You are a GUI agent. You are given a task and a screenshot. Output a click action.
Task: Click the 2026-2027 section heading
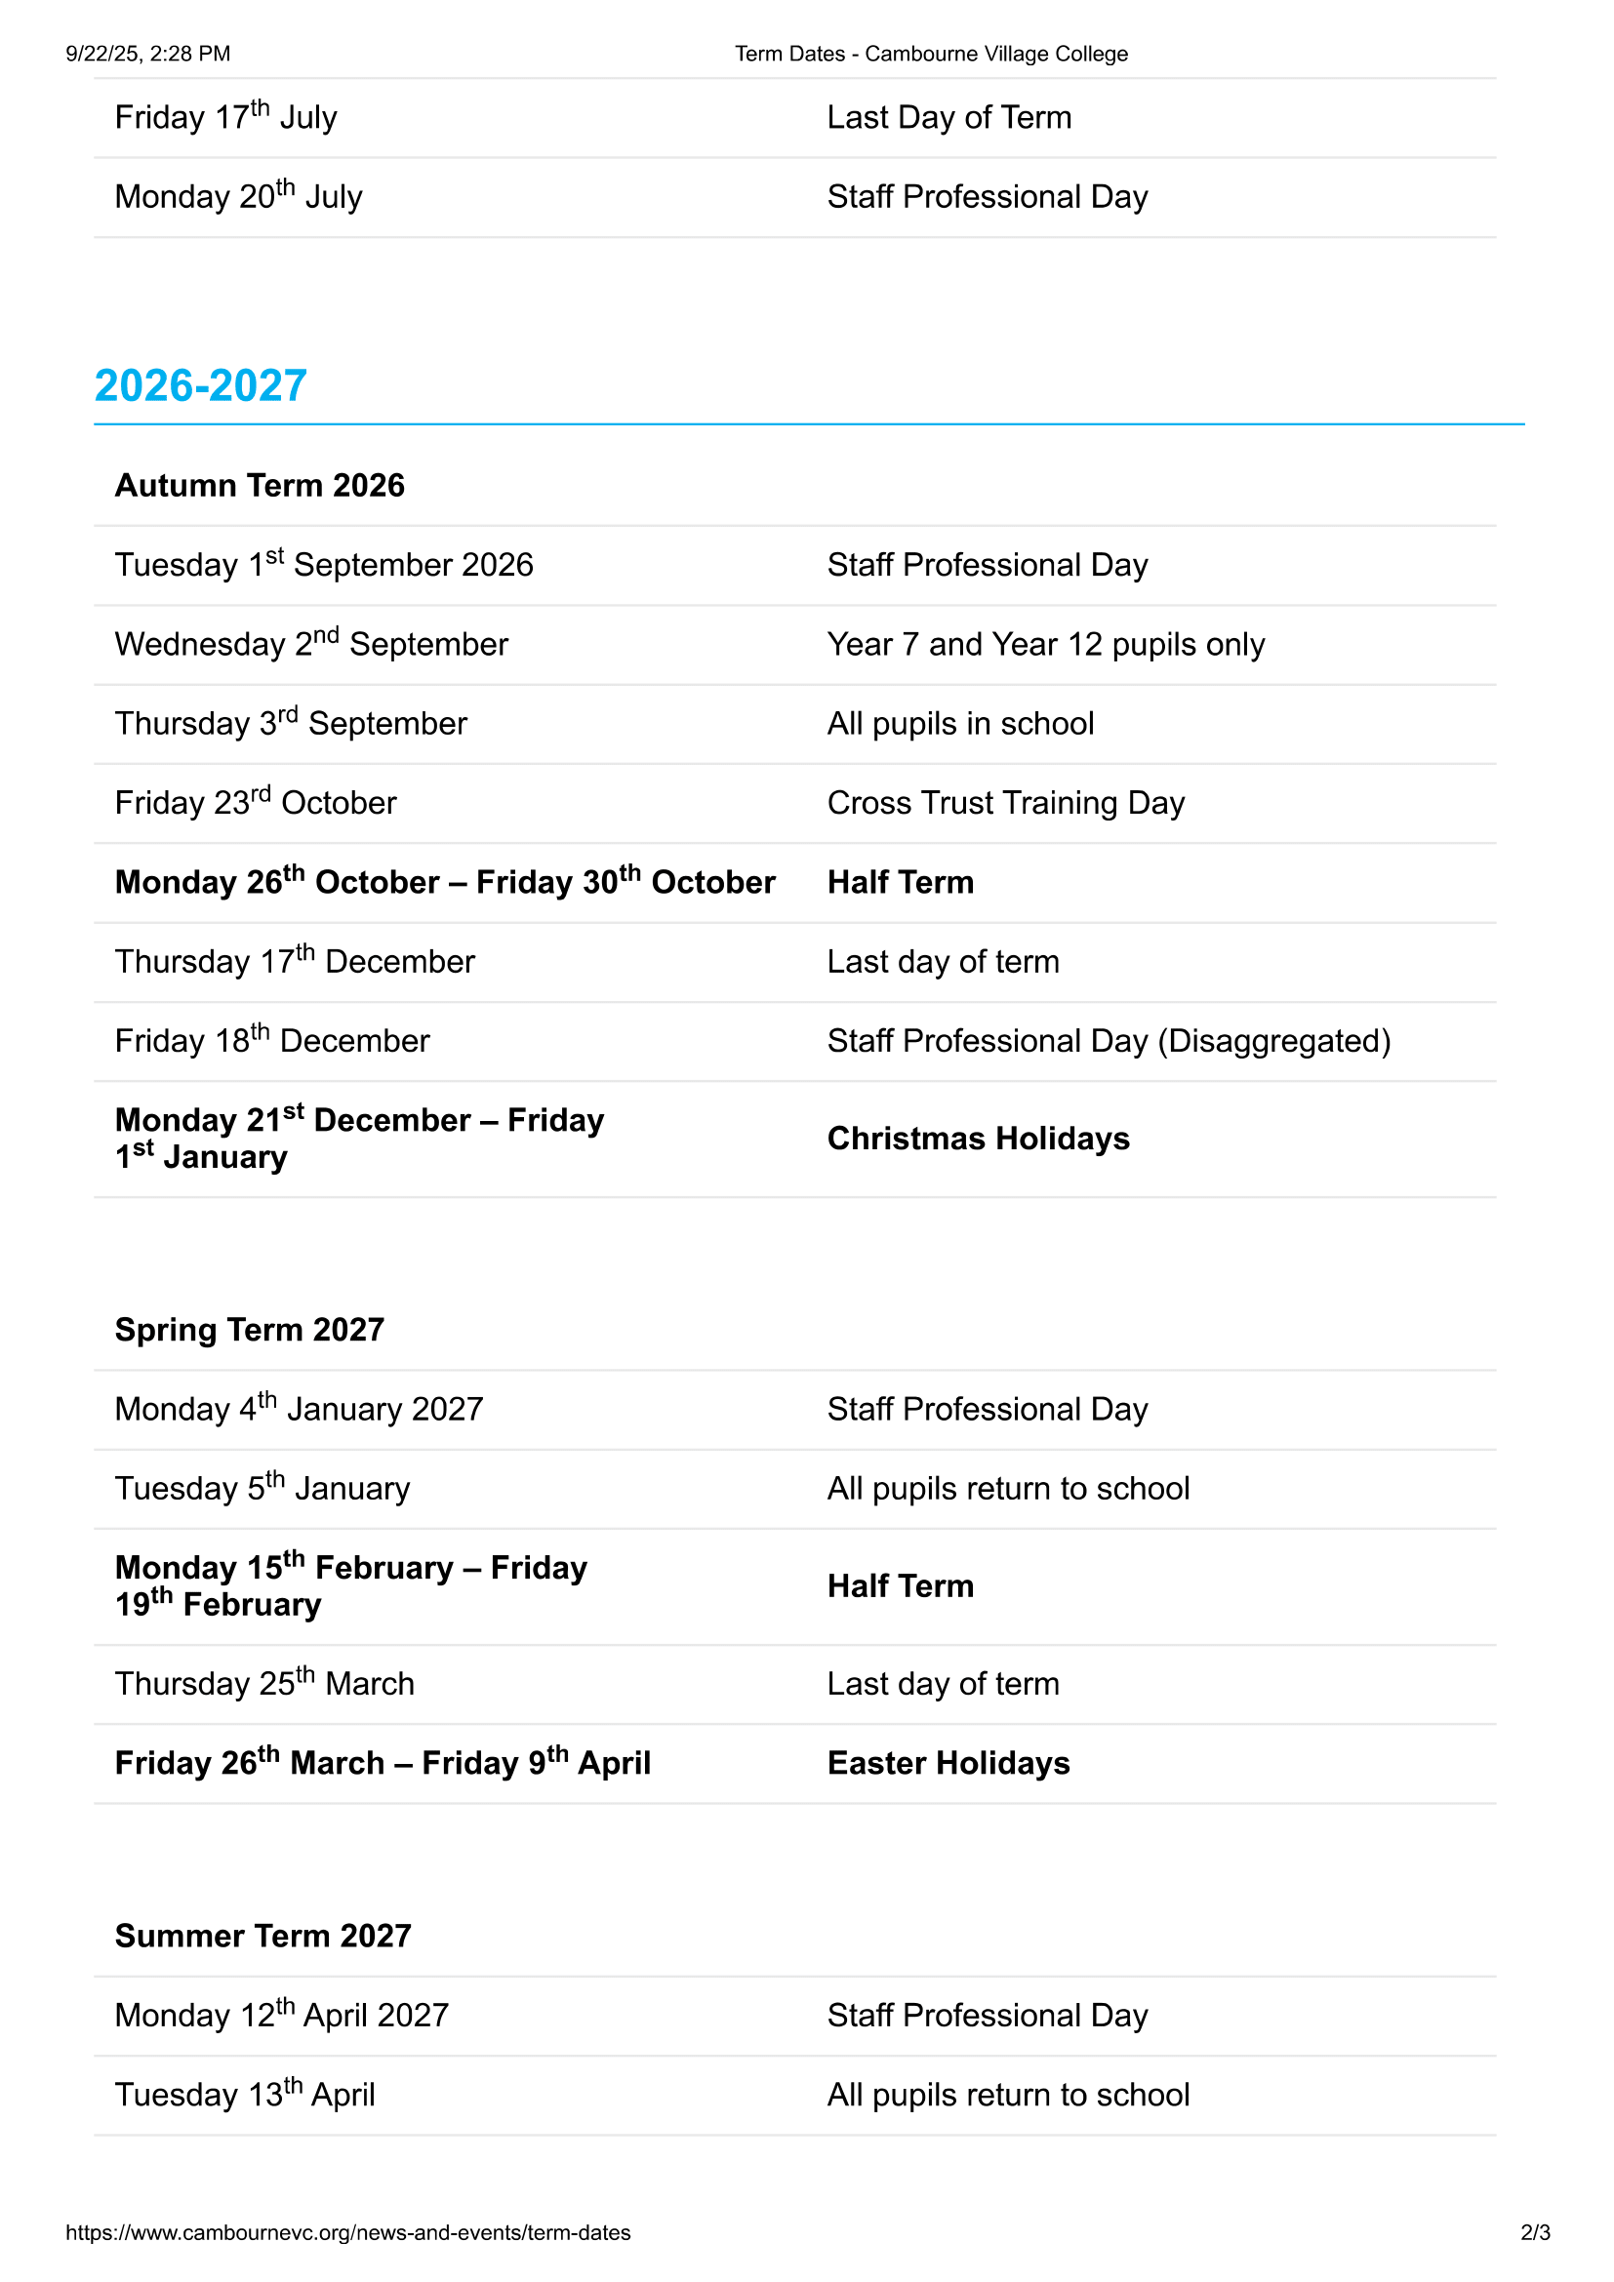click(200, 385)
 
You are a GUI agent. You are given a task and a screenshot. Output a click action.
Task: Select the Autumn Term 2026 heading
click(260, 485)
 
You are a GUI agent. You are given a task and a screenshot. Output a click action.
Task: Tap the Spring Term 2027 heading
click(250, 1330)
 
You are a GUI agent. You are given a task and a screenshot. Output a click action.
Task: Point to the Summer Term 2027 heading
click(262, 1936)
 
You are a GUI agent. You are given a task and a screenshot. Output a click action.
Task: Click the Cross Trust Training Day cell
click(1006, 803)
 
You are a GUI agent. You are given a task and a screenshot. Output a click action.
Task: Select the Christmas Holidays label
click(978, 1139)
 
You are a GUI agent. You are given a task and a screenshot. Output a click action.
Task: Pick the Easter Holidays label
click(948, 1763)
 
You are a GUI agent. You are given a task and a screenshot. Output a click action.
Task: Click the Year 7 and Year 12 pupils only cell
click(1045, 645)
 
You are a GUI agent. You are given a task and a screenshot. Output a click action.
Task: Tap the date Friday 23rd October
click(256, 802)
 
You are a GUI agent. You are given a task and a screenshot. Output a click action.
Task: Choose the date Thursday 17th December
click(294, 961)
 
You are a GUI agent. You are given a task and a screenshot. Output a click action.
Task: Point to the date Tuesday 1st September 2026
click(324, 565)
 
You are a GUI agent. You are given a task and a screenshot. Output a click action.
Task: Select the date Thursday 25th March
click(264, 1684)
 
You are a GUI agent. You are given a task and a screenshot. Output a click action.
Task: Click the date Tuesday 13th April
click(245, 2095)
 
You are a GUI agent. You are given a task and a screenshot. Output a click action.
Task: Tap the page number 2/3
click(1535, 2232)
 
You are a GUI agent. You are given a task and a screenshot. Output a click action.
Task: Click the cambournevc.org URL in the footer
click(347, 2232)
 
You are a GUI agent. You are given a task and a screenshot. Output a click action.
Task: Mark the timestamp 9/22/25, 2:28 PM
click(148, 54)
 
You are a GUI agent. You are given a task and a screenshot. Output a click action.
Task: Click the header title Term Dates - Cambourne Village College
click(931, 54)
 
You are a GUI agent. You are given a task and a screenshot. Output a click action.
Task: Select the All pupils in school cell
click(960, 724)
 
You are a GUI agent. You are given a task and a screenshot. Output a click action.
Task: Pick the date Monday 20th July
click(238, 197)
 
